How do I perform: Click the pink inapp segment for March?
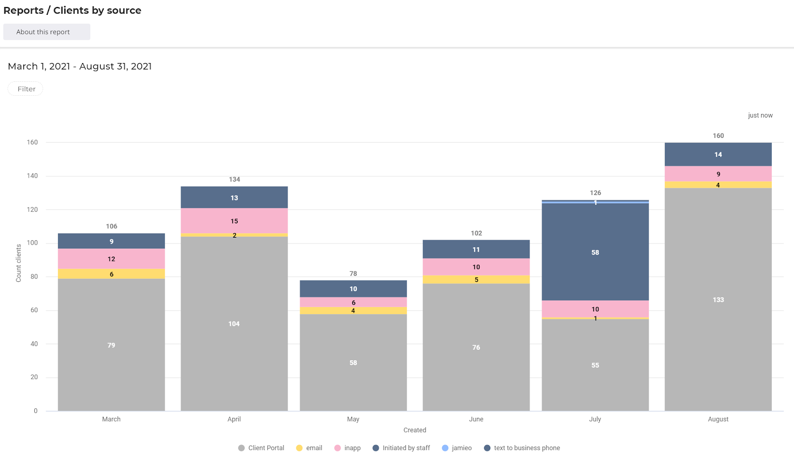coord(111,259)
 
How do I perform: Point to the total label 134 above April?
coord(234,179)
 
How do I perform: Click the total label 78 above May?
coord(353,273)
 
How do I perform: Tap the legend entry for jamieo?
coord(457,448)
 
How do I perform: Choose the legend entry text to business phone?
coord(522,448)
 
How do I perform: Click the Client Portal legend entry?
coord(262,448)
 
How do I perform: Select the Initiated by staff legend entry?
coord(401,448)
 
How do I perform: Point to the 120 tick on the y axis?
coord(32,209)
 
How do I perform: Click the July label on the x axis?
coord(595,419)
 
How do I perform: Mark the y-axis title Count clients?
coord(18,263)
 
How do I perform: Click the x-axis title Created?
coord(414,430)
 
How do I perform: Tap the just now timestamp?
coord(760,116)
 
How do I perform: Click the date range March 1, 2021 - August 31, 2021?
coord(80,66)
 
